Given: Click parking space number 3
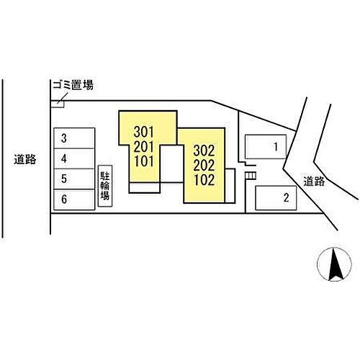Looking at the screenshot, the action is point(74,138).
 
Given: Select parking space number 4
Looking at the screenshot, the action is point(74,158).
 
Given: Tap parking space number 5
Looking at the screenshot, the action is point(74,179).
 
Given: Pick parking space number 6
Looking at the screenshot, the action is point(74,199).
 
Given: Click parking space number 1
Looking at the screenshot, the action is point(266,147).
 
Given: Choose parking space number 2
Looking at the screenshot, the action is point(276,198).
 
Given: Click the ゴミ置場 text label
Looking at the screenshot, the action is point(73,85).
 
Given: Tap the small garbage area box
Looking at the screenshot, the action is point(58,104).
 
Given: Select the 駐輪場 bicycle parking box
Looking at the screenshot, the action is point(105,186).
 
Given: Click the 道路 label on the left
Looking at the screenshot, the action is point(25,159).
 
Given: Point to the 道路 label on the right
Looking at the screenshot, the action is point(314,181).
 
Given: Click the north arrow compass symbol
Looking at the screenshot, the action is point(334,264).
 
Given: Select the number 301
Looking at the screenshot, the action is point(143,132).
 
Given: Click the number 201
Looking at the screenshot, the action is point(143,147).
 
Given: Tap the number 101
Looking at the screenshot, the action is point(143,161).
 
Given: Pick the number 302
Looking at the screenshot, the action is point(204,150).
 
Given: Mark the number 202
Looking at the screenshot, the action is point(204,166).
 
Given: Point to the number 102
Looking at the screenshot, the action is point(204,180).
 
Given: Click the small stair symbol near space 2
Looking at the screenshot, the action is point(251,176).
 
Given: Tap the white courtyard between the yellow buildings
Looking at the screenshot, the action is point(171,163).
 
